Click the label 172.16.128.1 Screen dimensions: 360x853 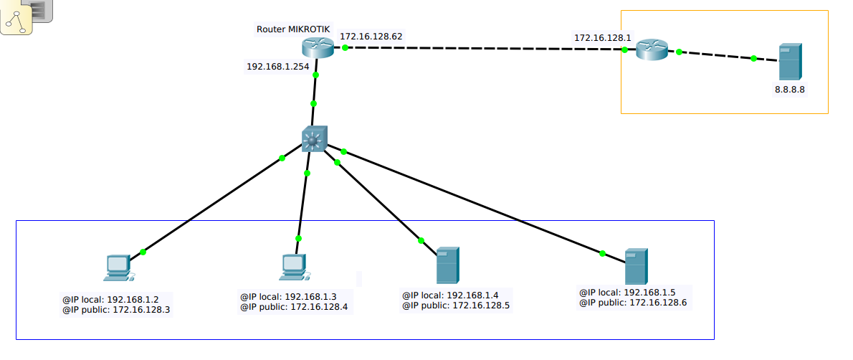point(602,37)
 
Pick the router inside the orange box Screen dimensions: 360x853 point(652,49)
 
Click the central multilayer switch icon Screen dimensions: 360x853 point(314,138)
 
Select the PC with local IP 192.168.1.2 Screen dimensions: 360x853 point(117,267)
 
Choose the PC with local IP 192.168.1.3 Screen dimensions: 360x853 point(293,267)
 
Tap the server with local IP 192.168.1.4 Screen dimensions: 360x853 point(447,265)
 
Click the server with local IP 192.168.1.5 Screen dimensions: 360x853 point(636,266)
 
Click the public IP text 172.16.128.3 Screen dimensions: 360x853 point(141,311)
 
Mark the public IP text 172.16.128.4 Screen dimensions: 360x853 point(318,307)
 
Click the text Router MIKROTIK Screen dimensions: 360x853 point(293,29)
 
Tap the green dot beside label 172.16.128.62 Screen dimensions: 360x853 point(345,47)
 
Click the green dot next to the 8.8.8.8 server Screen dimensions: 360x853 point(753,58)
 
